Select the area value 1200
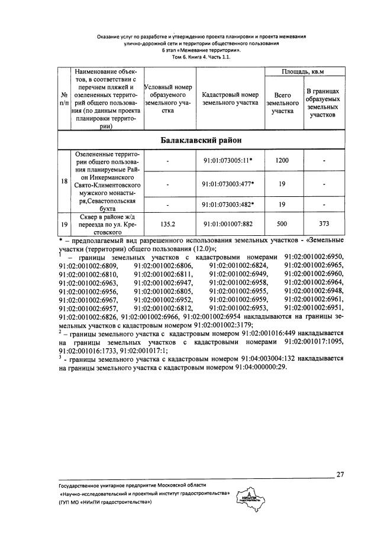(282, 160)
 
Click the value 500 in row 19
(282, 224)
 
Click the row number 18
(64, 181)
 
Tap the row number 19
(64, 224)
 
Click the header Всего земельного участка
(282, 103)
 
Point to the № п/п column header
(64, 99)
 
